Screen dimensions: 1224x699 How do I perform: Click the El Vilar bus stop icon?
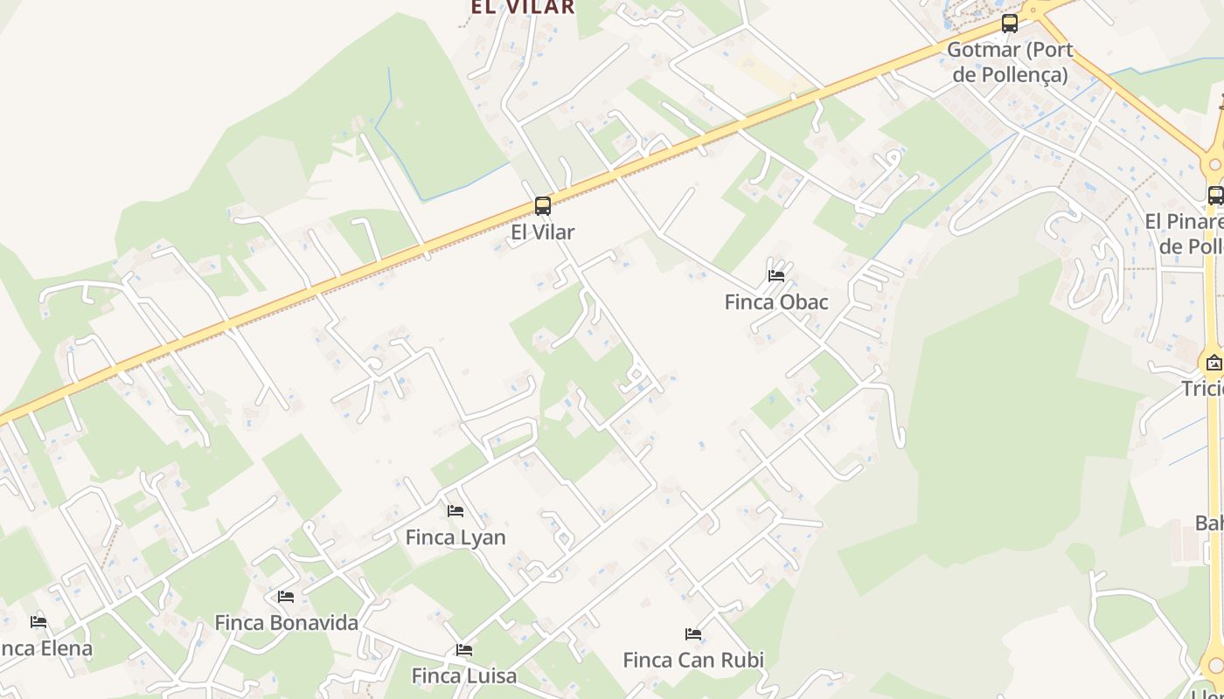coord(543,206)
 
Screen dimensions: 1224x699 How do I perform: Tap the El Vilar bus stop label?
coord(543,232)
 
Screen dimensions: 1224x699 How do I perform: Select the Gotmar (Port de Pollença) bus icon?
coord(1010,24)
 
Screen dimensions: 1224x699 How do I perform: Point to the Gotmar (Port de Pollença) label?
coord(1010,61)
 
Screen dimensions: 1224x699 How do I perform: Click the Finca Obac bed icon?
coord(775,276)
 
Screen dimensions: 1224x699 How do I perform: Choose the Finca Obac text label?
coord(776,302)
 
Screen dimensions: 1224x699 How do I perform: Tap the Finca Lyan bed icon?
coord(456,510)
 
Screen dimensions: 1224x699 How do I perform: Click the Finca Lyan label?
coord(456,537)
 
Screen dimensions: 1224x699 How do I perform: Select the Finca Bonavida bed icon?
coord(286,597)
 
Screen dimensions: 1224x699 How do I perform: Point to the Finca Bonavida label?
coord(287,623)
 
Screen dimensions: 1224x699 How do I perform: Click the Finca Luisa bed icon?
coord(464,650)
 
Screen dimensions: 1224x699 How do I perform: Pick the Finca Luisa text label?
coord(464,676)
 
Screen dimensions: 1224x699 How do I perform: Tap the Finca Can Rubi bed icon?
coord(693,633)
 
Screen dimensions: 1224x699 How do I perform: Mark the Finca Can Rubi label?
coord(693,660)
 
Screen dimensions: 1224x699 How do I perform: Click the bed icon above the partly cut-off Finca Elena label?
coord(38,622)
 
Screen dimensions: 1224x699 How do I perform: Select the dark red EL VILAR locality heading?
coord(523,7)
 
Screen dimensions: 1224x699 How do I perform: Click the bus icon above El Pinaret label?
coord(1215,196)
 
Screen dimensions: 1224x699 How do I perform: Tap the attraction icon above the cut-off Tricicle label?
coord(1214,362)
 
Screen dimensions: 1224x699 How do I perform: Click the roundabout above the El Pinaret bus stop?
coord(1214,163)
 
